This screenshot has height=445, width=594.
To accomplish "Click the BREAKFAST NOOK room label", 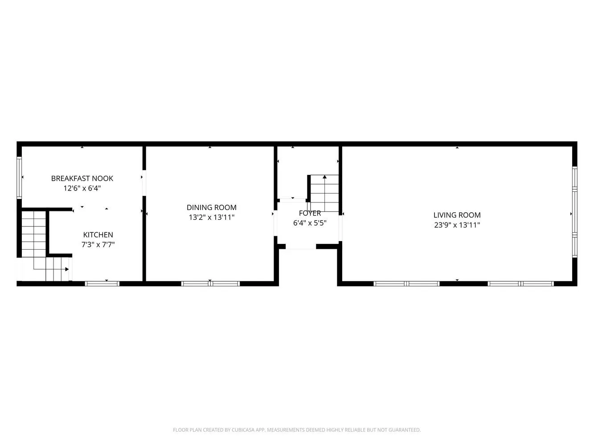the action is pyautogui.click(x=82, y=178).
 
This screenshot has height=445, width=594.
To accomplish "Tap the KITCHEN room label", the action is pyautogui.click(x=98, y=235).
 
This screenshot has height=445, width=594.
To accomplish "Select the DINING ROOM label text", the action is pyautogui.click(x=211, y=207).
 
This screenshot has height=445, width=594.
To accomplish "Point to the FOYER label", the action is pyautogui.click(x=310, y=213).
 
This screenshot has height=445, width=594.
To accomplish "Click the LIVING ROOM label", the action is pyautogui.click(x=457, y=215).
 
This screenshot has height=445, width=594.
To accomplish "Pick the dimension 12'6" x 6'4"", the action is pyautogui.click(x=82, y=188).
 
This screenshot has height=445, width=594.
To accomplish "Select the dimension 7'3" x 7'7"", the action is pyautogui.click(x=98, y=244).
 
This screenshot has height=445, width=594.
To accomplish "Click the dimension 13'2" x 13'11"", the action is pyautogui.click(x=211, y=217).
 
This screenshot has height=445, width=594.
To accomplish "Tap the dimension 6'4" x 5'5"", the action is pyautogui.click(x=310, y=223).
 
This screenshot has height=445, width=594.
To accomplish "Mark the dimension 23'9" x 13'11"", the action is pyautogui.click(x=457, y=225).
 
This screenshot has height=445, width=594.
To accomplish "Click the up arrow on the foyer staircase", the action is pyautogui.click(x=324, y=177).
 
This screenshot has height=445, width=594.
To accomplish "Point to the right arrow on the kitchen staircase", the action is pyautogui.click(x=67, y=269).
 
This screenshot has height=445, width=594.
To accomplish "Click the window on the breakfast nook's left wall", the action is pyautogui.click(x=19, y=178).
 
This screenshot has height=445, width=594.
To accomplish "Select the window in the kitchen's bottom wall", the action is pyautogui.click(x=102, y=284).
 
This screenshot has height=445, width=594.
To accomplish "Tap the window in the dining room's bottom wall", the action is pyautogui.click(x=210, y=284).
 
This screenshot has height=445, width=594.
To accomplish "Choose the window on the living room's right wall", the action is pyautogui.click(x=574, y=212).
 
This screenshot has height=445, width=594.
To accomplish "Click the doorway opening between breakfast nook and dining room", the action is pyautogui.click(x=144, y=183).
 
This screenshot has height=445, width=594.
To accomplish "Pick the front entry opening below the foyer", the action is pyautogui.click(x=301, y=247).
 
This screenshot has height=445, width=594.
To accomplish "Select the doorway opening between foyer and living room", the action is pyautogui.click(x=340, y=228).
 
